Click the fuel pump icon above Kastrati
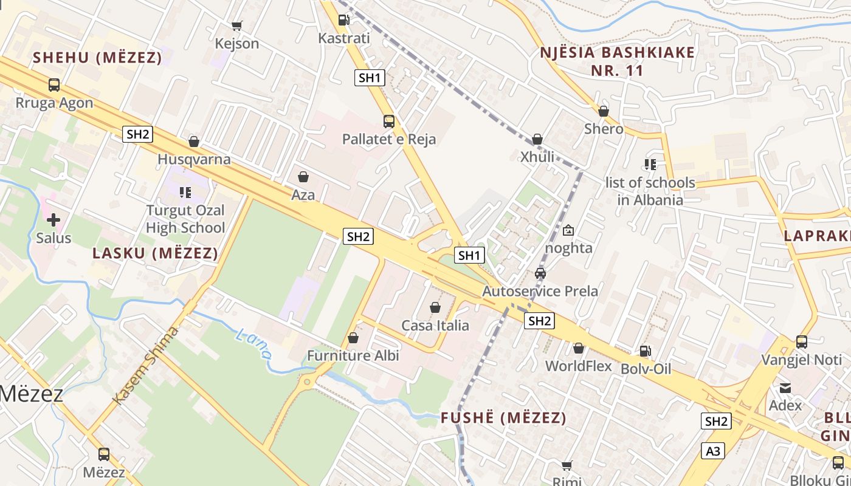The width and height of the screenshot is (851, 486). tap(343, 19)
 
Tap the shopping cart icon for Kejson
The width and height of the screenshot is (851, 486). tap(237, 26)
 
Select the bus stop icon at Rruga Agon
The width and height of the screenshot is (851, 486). tap(54, 85)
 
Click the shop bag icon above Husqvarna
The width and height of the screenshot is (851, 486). tap(194, 142)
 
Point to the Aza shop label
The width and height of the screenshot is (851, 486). tap(303, 194)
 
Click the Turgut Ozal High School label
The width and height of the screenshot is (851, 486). tap(185, 219)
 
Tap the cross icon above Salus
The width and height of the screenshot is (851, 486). tap(53, 219)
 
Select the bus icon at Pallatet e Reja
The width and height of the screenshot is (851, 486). tap(389, 122)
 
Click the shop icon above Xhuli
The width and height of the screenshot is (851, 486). tap(537, 139)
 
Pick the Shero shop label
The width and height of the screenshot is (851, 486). tap(604, 129)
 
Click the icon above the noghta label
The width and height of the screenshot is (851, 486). tap(568, 230)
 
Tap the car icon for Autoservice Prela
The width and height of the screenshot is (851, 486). tap(540, 273)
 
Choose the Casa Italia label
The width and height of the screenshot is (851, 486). tap(435, 326)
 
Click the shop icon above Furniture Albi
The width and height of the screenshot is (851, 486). tap(353, 338)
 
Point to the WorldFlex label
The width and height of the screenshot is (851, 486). tap(579, 366)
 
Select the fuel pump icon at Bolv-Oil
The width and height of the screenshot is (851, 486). tap(645, 351)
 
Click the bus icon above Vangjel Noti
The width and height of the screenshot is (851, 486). tap(802, 342)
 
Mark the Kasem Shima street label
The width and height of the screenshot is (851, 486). tap(146, 364)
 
